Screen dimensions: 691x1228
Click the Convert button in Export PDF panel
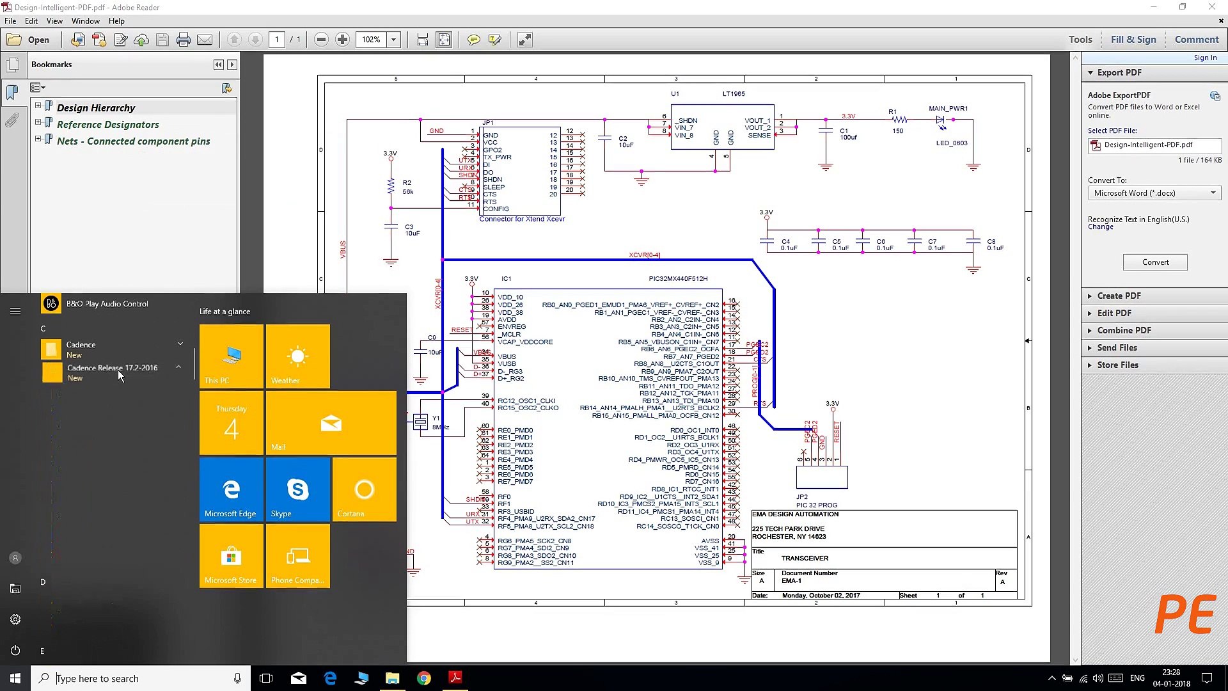click(x=1155, y=262)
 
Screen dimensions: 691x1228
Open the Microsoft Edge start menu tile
click(x=231, y=489)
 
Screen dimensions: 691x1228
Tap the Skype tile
click(x=297, y=489)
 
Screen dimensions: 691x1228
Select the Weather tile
click(x=297, y=356)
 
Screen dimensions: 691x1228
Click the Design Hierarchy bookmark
click(x=96, y=107)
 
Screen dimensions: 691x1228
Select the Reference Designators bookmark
click(x=107, y=124)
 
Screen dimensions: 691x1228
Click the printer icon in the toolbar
click(x=184, y=40)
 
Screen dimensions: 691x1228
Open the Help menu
click(x=116, y=21)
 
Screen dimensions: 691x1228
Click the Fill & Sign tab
click(x=1133, y=40)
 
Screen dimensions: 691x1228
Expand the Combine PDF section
click(x=1124, y=330)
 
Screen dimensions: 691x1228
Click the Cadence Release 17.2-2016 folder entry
click(x=112, y=368)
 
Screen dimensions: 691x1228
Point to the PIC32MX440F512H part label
click(x=678, y=279)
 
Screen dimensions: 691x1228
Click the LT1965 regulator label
click(x=734, y=94)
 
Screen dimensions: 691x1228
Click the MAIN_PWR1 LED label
click(x=948, y=109)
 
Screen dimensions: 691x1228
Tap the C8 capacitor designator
click(x=991, y=242)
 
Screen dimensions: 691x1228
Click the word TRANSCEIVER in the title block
click(x=805, y=559)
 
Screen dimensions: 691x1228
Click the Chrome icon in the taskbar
click(x=424, y=678)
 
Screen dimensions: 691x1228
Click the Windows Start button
click(x=15, y=678)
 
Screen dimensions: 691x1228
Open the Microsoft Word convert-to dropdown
click(x=1154, y=193)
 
